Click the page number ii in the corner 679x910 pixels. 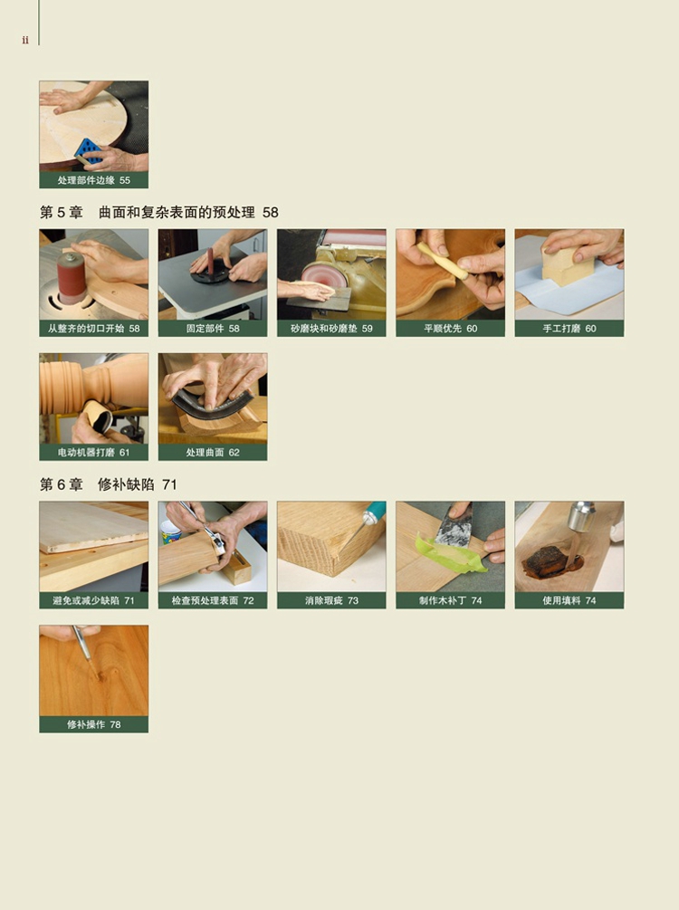[x=25, y=40]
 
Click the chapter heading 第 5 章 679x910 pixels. [x=62, y=213]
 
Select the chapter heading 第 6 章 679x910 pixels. [x=62, y=484]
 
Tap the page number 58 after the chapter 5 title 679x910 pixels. [x=271, y=213]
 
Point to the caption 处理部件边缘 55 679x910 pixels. [x=94, y=180]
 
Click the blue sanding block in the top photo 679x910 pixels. [x=88, y=151]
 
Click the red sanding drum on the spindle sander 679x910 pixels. [x=72, y=279]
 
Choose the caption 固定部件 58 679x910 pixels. [x=213, y=329]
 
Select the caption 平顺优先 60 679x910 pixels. [x=450, y=329]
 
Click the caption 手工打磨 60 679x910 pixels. [x=569, y=329]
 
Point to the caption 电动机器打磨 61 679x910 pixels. [x=94, y=453]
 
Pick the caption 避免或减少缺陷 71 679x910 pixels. [x=94, y=600]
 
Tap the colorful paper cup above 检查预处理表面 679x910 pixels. [x=170, y=532]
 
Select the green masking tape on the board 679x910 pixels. [x=450, y=555]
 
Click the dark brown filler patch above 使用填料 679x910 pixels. [x=546, y=560]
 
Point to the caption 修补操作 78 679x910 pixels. [x=94, y=725]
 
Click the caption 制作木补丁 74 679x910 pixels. [x=450, y=600]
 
